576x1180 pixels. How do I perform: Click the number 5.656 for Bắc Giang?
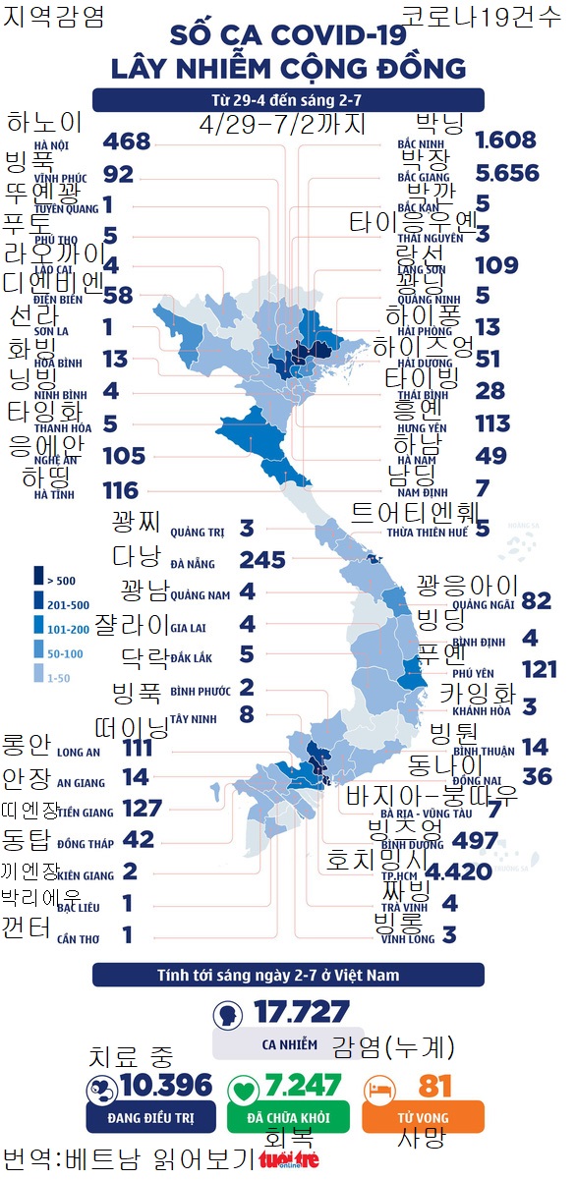click(506, 173)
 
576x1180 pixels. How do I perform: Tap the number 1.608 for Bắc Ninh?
click(505, 140)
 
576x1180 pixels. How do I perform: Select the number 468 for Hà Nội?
click(127, 141)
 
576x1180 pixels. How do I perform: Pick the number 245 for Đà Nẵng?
click(262, 560)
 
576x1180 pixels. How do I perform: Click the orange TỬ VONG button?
click(423, 1118)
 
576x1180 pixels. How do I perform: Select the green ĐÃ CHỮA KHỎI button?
click(288, 1118)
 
